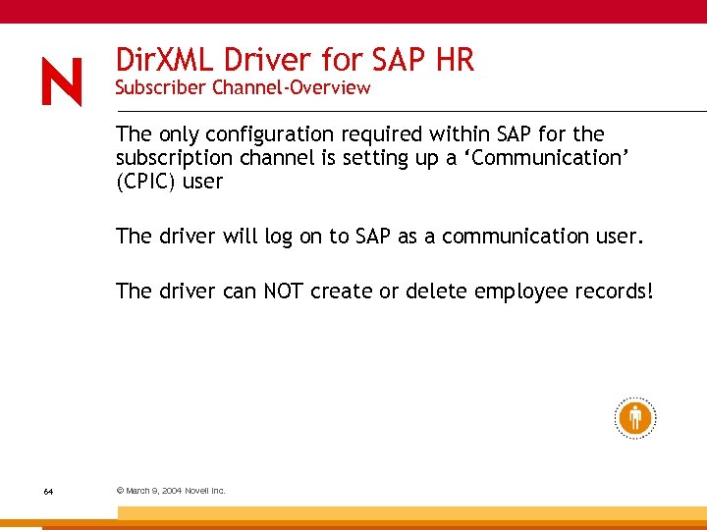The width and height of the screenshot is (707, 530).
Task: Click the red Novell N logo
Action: (x=62, y=81)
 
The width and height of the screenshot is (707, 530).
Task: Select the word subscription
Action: (x=174, y=158)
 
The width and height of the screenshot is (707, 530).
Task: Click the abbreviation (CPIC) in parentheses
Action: (x=147, y=182)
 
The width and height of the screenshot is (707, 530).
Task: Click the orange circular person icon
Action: (x=634, y=417)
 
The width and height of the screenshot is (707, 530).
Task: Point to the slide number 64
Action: (x=48, y=491)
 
